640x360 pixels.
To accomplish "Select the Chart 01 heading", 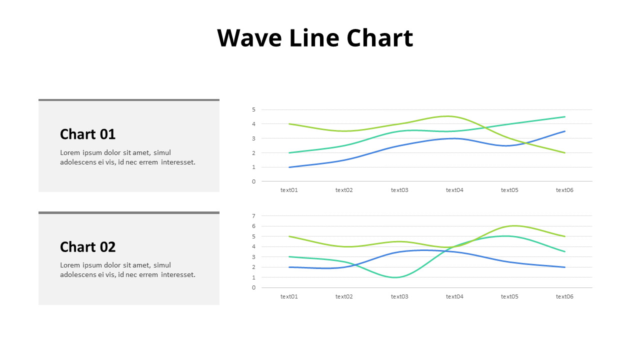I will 87,134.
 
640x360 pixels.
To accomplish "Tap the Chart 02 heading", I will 87,247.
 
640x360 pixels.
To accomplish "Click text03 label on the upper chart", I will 399,190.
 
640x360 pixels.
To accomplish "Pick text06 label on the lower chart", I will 564,296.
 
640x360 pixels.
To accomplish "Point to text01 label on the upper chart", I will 289,190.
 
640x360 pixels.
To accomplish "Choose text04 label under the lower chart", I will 454,296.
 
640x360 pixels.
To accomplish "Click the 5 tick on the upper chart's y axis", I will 253,109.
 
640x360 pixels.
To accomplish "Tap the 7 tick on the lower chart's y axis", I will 253,216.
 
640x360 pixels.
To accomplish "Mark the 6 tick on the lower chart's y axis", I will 253,226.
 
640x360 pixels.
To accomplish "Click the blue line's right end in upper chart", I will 564,131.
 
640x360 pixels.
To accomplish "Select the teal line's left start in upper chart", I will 289,152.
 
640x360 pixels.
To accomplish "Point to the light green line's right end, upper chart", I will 564,152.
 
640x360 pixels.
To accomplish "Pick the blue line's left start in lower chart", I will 289,267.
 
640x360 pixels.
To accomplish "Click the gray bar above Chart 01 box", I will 129,100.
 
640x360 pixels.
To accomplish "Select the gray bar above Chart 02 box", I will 129,212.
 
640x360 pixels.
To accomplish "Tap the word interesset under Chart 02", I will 178,274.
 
